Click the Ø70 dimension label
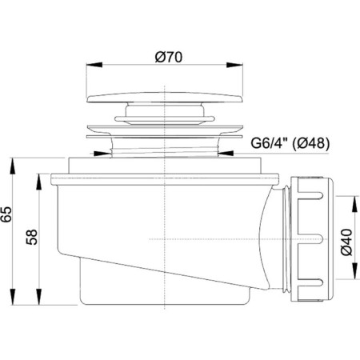169,57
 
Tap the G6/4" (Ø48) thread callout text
290,143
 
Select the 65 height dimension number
6,214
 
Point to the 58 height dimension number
32,237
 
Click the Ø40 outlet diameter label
346,242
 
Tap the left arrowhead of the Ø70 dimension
94,65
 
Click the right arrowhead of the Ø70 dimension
234,65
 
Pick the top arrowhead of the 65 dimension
13,166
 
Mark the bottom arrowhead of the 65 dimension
13,296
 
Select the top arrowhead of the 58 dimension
39,182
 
